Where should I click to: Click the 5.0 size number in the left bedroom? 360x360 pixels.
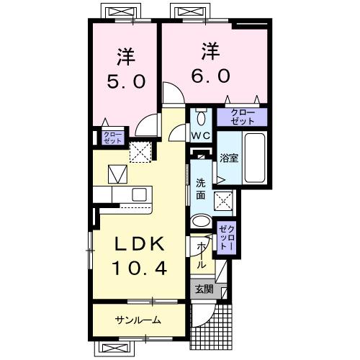tap(126, 81)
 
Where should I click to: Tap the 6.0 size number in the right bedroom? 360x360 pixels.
tap(210, 76)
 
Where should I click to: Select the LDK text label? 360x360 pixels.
tap(140, 244)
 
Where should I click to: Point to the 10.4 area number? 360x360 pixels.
tap(140, 269)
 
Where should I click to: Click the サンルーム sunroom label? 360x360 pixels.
tap(138, 320)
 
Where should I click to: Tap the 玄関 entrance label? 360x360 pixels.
tap(204, 289)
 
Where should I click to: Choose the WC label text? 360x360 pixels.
tap(201, 136)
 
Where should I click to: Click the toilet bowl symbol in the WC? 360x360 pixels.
tap(201, 117)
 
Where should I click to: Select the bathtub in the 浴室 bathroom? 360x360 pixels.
tap(255, 158)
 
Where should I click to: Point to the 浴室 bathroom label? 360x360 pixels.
tap(229, 158)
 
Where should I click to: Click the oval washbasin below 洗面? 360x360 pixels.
tap(201, 221)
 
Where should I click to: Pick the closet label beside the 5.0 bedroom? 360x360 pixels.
tap(113, 138)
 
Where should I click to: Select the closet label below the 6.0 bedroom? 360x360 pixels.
tap(243, 117)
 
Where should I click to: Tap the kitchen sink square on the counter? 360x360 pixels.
tap(140, 194)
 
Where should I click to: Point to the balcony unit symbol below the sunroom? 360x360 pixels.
tap(114, 348)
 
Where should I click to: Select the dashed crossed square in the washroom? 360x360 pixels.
tap(223, 201)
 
